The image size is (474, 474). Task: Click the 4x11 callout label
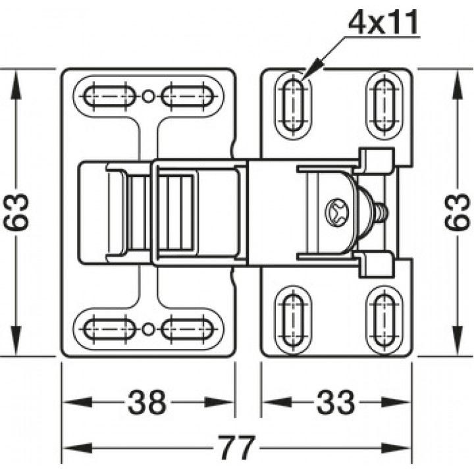point(383,22)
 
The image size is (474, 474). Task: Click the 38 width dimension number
point(147,402)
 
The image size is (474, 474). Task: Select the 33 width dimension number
point(336,402)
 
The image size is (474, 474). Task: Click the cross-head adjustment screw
point(337,211)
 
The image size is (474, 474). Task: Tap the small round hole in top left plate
point(147,96)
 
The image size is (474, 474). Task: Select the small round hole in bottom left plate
point(147,329)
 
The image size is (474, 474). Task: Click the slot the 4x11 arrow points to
point(292,105)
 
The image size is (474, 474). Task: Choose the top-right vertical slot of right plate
point(384,105)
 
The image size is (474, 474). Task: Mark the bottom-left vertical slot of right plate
point(292,320)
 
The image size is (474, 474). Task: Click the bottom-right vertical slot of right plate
point(384,320)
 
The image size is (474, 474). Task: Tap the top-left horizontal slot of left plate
point(109,96)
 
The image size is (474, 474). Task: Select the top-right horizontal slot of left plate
point(188,96)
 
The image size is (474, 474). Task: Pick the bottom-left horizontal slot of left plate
point(109,329)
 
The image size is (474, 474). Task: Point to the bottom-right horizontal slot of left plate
point(188,329)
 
